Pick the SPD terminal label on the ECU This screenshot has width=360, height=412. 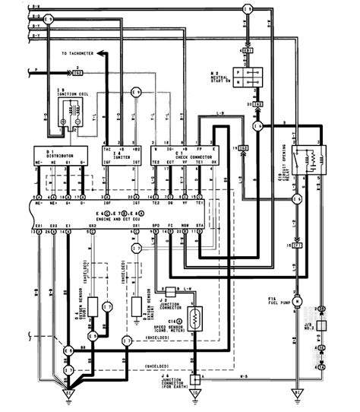pos(155,227)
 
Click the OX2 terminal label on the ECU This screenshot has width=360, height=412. pos(92,227)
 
